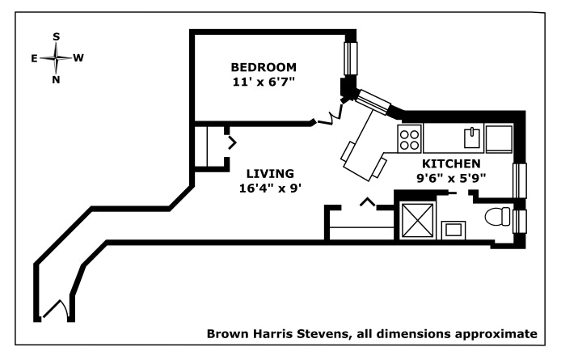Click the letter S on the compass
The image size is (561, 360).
pos(56,36)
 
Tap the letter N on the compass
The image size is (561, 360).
pos(56,79)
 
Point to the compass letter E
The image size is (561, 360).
pos(34,58)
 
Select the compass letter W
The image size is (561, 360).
pos(78,58)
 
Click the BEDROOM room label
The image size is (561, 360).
pos(264,66)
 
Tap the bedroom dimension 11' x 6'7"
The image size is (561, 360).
pos(264,81)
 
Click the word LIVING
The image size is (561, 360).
pos(270,173)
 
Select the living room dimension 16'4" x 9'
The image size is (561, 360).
pos(270,188)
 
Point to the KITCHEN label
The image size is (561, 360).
pos(451,163)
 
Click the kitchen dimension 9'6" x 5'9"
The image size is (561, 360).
pos(451,177)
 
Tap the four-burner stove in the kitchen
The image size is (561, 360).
pos(409,139)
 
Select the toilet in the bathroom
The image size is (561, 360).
pos(498,218)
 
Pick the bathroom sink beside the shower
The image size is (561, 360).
pos(453,229)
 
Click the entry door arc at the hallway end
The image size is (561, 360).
pos(55,310)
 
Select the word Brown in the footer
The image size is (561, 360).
pos(226,333)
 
